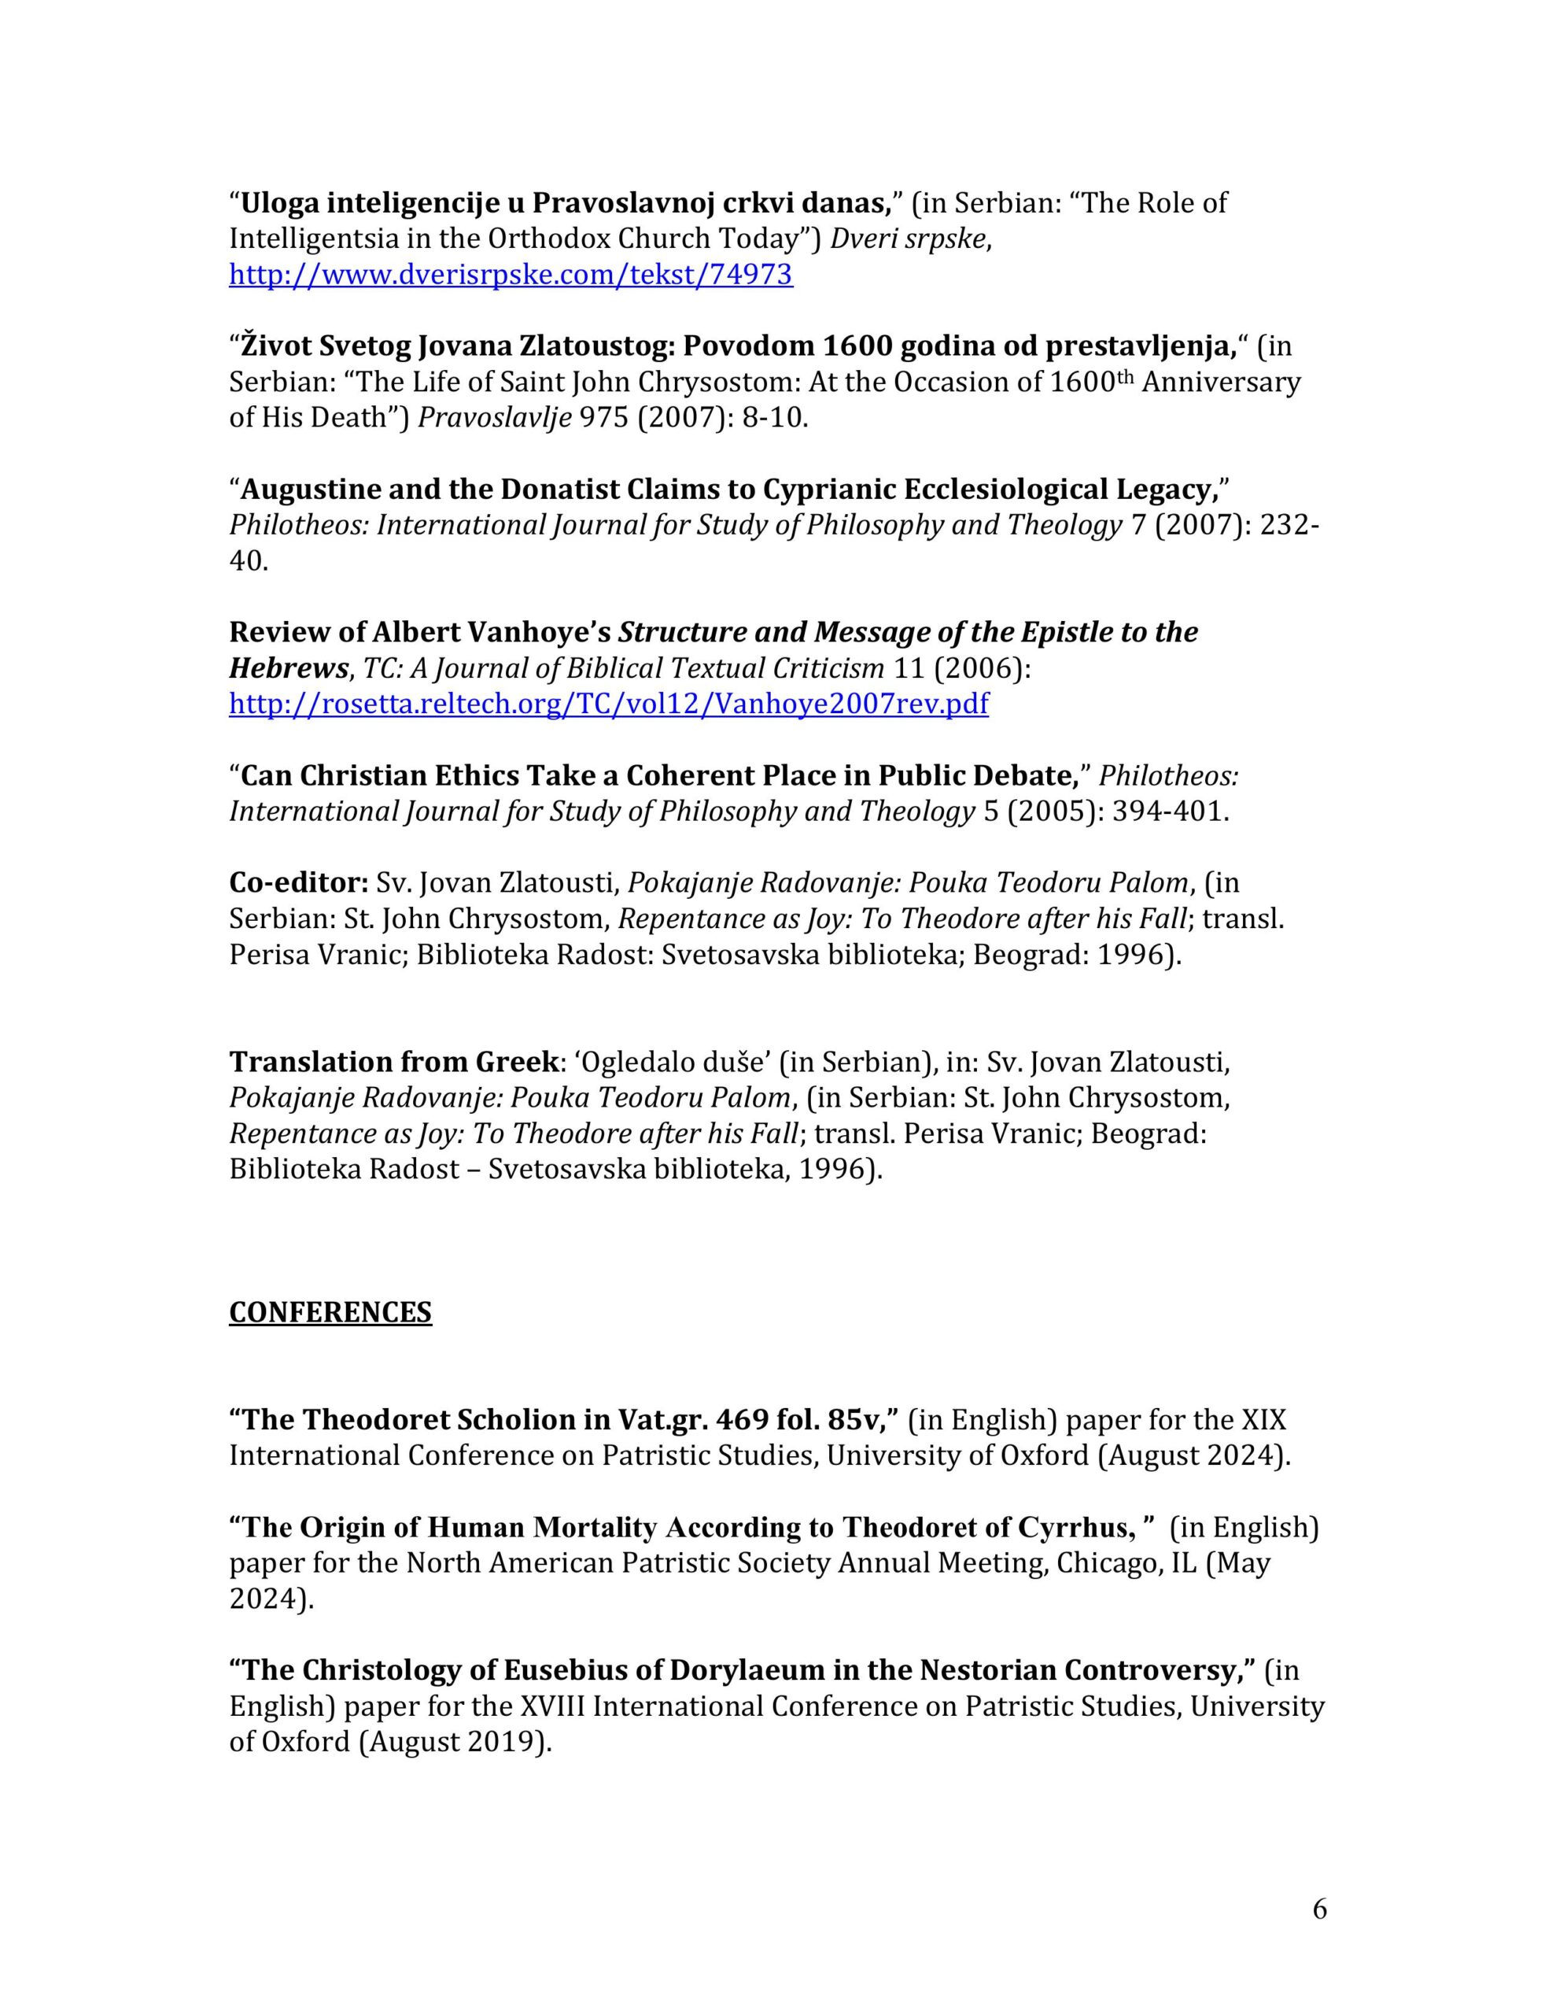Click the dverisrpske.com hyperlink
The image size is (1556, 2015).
510,275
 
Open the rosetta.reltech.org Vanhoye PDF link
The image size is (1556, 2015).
608,704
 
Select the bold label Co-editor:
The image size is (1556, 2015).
299,883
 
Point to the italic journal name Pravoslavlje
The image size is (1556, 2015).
494,417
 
